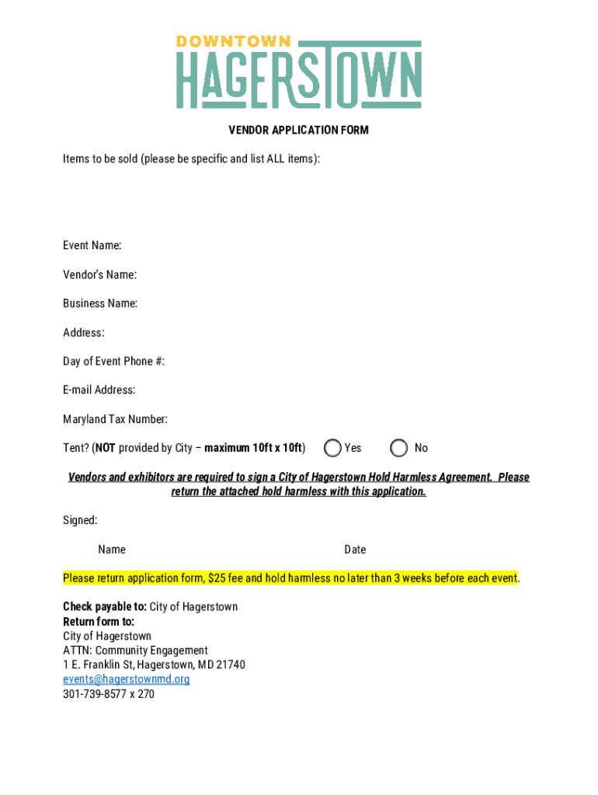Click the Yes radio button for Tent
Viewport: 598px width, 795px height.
pos(333,448)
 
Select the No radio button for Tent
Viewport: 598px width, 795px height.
pos(399,448)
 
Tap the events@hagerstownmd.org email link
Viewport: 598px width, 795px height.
pos(126,679)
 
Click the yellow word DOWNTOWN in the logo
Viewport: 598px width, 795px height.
pos(233,41)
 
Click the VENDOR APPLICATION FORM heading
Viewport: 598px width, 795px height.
pos(298,130)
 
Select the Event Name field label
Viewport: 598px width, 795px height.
pos(92,245)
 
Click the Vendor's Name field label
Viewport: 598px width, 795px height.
pos(99,275)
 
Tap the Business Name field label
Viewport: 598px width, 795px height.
pos(100,304)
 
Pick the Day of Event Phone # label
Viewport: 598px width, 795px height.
pos(113,362)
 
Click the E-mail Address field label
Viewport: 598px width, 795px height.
pos(99,391)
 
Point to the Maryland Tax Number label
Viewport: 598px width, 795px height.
pos(115,419)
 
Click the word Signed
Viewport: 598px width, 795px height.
pos(80,520)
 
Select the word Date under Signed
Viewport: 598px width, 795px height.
pos(355,550)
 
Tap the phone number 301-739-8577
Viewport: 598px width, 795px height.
pos(98,694)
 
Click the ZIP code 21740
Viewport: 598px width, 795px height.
pos(231,665)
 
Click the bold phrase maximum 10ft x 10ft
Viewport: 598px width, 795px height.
pos(254,448)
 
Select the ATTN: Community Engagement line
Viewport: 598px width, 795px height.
pos(135,651)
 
